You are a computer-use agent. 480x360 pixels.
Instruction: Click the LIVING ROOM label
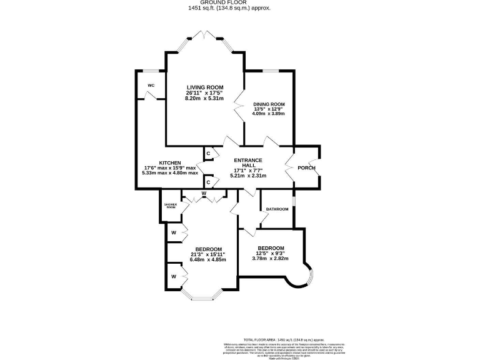click(204, 87)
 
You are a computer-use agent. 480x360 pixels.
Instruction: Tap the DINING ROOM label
click(269, 104)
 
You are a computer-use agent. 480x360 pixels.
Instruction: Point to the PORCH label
click(306, 168)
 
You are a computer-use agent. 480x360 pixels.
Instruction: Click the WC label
click(151, 85)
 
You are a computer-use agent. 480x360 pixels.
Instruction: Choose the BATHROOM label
click(277, 209)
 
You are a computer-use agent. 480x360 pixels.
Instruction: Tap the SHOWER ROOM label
click(171, 206)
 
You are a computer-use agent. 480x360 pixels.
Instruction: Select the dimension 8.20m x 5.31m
click(204, 98)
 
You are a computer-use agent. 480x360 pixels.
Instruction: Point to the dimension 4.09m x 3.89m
click(269, 114)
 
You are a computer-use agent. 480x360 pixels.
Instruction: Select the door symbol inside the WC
click(151, 96)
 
